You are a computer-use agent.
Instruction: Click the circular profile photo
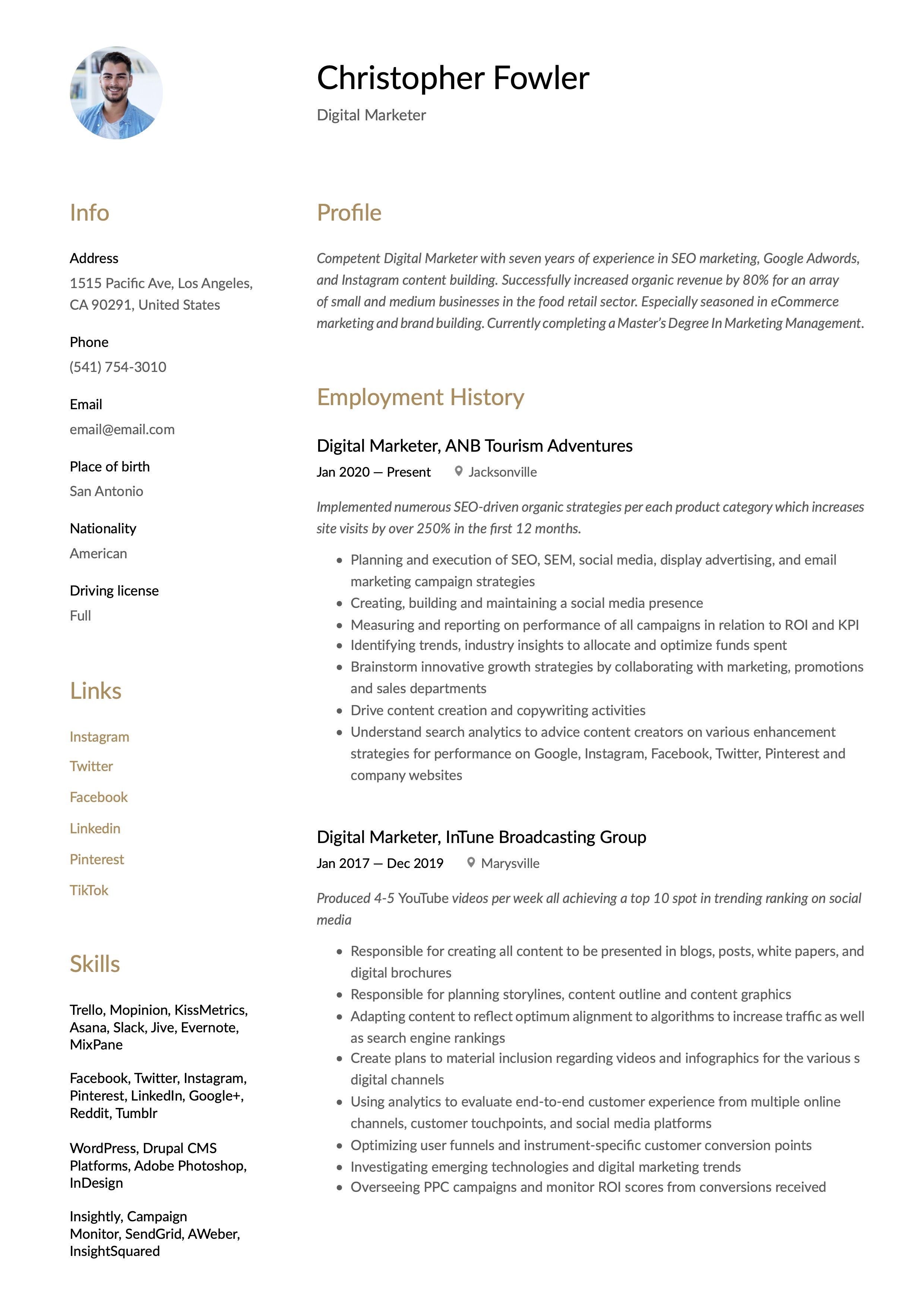point(116,93)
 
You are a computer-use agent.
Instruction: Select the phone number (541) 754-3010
point(118,367)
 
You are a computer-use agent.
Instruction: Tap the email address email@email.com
point(122,429)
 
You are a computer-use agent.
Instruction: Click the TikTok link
point(89,890)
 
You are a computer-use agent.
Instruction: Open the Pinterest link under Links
point(97,859)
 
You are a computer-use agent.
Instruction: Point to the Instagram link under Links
point(99,737)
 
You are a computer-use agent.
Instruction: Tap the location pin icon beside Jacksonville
point(458,471)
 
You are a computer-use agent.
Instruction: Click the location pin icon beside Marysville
point(471,862)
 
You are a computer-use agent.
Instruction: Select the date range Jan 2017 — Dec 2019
point(380,863)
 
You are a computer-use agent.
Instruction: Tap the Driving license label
point(114,591)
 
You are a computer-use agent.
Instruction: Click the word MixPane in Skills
point(96,1045)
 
